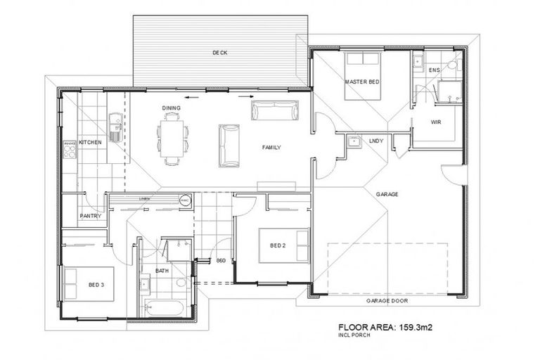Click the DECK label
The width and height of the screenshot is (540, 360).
click(219, 53)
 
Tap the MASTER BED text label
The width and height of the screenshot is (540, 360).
click(362, 82)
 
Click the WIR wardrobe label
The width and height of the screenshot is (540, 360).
click(436, 122)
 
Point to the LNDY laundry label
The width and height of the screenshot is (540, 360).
click(376, 141)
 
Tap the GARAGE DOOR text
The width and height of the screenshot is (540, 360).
click(387, 300)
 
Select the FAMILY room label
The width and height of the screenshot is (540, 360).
click(271, 148)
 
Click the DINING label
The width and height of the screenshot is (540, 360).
click(172, 108)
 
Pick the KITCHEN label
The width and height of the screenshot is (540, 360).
click(91, 142)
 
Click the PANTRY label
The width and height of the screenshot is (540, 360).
click(91, 216)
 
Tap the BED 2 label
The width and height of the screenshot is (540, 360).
click(278, 245)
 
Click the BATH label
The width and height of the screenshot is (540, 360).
click(162, 270)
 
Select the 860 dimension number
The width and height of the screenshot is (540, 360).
click(220, 261)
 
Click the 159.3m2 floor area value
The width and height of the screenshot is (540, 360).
click(420, 326)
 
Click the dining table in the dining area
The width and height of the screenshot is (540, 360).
click(173, 138)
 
